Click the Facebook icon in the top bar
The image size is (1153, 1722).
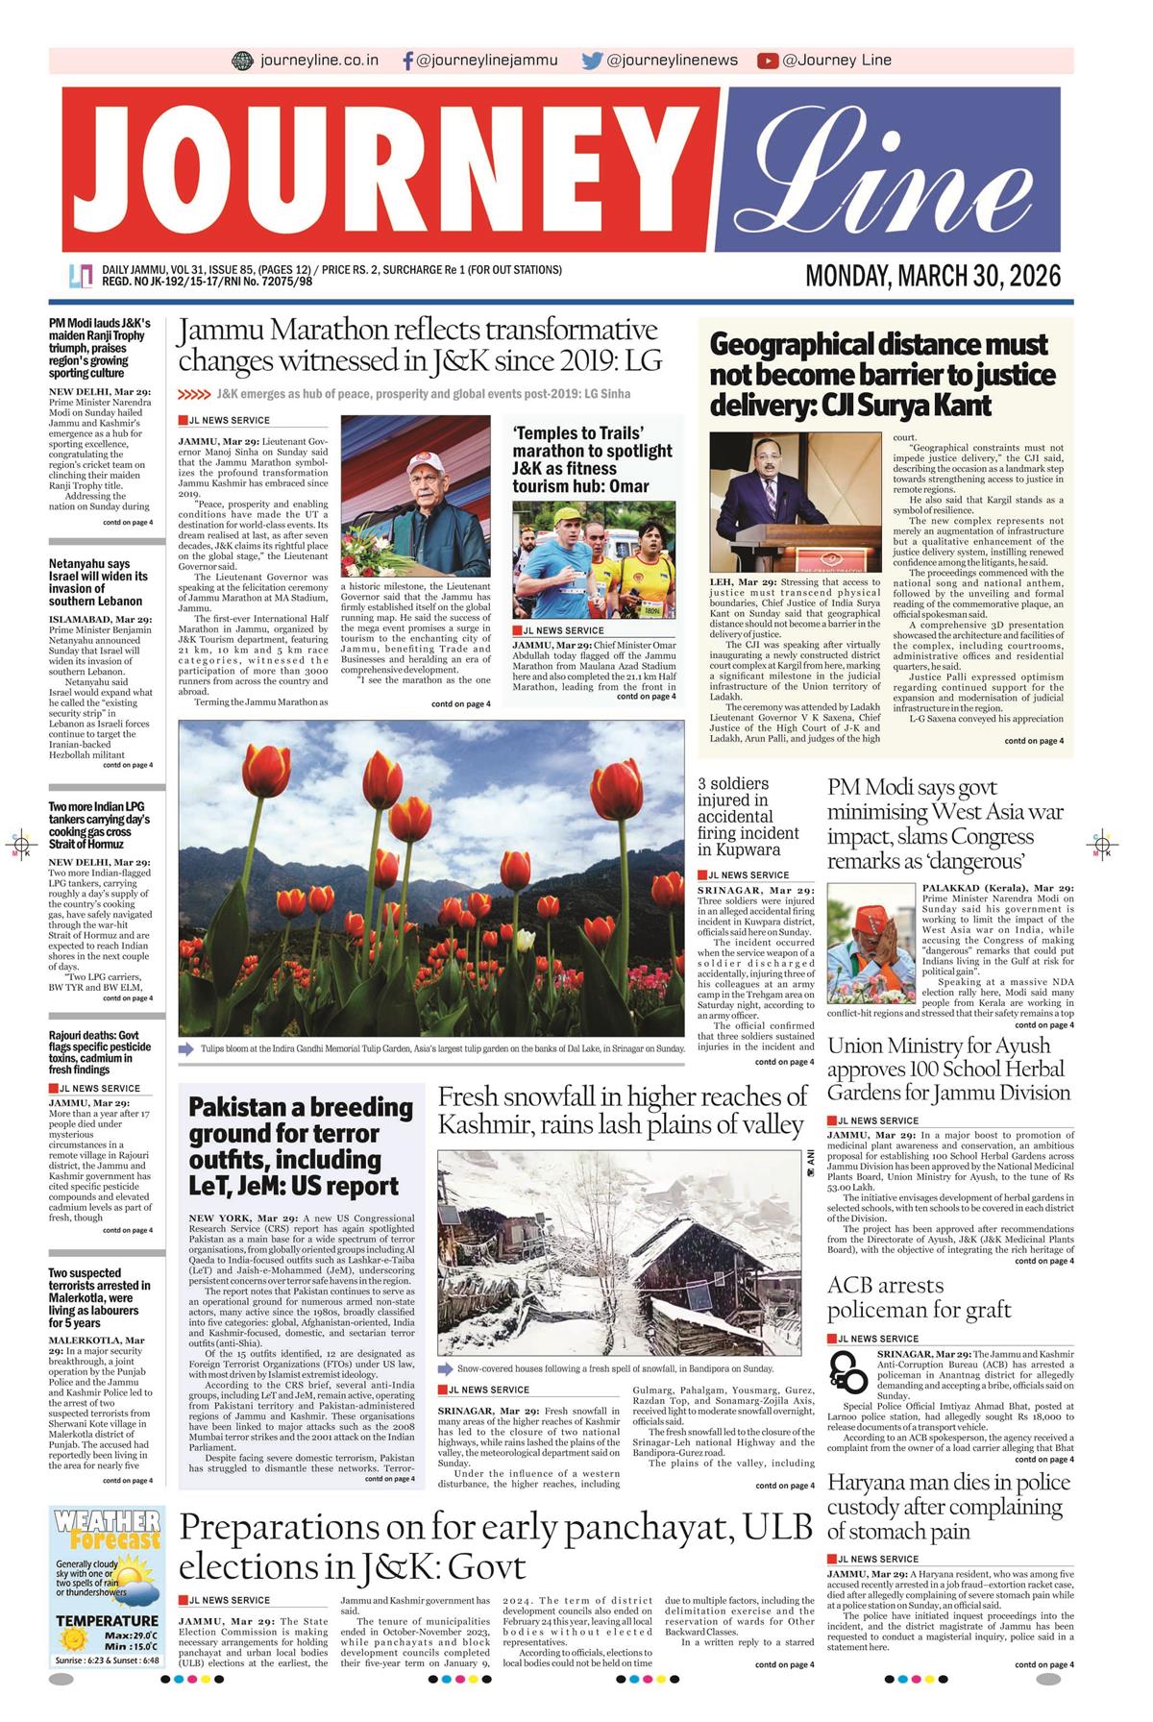click(x=407, y=61)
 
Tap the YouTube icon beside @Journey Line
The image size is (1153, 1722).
click(x=767, y=61)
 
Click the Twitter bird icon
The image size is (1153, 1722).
click(x=592, y=61)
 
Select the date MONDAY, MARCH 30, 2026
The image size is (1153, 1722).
click(x=933, y=277)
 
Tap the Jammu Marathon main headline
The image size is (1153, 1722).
click(x=419, y=345)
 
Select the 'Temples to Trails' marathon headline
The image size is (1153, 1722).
click(x=592, y=459)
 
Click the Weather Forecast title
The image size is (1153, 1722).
click(x=108, y=1530)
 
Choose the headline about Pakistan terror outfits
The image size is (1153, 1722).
click(x=300, y=1146)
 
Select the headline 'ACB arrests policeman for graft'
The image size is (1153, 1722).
click(x=919, y=1297)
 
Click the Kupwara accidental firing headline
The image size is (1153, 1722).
click(x=748, y=817)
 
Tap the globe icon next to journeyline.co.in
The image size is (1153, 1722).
click(x=242, y=61)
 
